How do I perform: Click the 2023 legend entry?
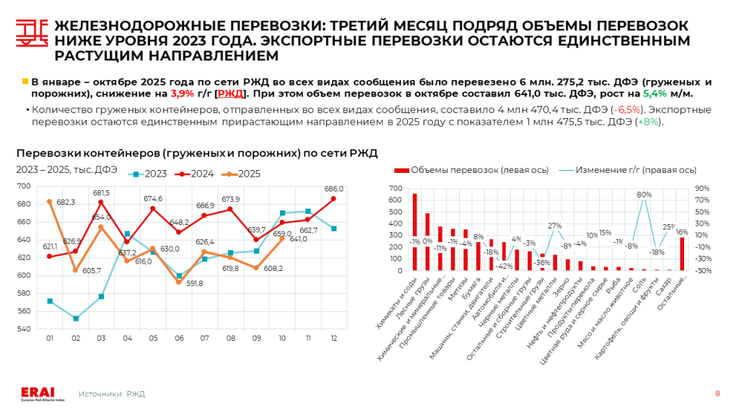tap(150, 174)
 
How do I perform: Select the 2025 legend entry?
tap(243, 174)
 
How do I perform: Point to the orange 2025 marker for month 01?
tap(50, 202)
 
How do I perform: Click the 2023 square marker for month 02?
tap(76, 318)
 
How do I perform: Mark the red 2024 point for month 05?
tap(153, 209)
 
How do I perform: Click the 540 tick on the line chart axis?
tap(24, 329)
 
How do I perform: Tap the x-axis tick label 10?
tap(282, 338)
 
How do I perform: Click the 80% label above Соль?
tap(644, 195)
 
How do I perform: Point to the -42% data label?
tap(504, 266)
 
